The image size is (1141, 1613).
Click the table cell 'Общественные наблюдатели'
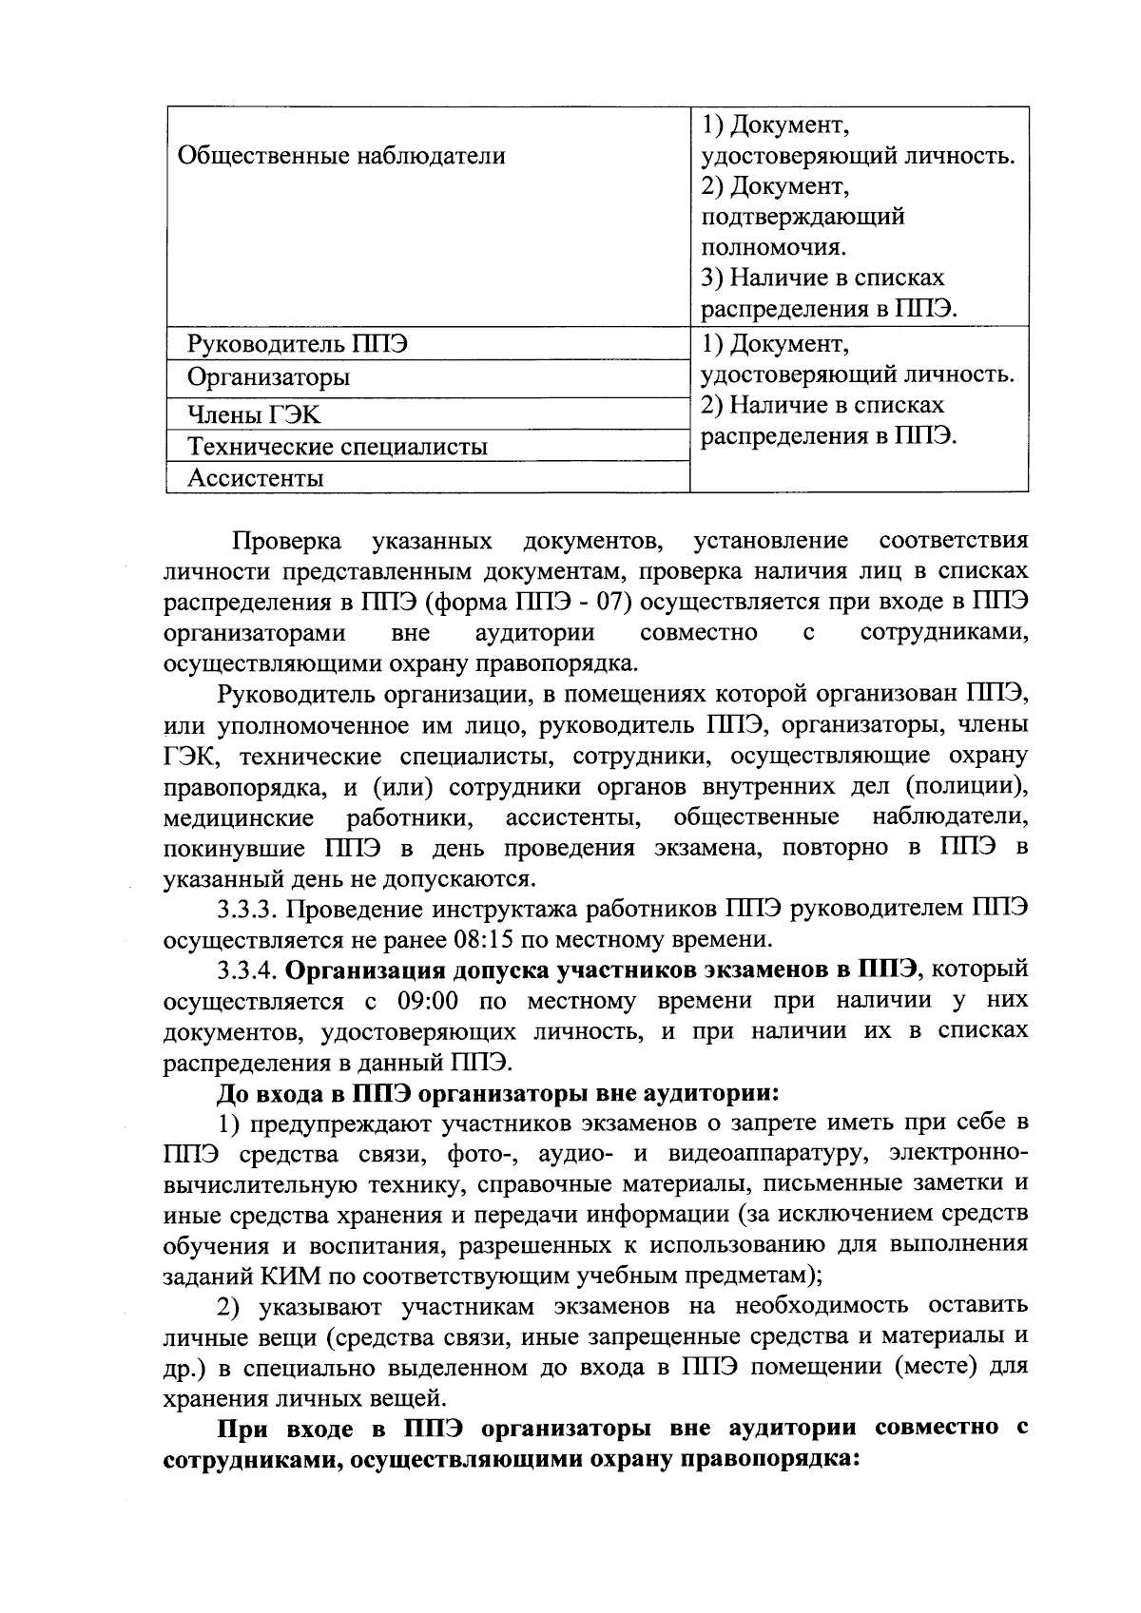click(x=341, y=155)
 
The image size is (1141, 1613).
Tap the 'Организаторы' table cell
click(x=268, y=377)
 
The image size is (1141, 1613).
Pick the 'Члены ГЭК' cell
click(x=254, y=414)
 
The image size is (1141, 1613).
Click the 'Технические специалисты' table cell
click(x=337, y=446)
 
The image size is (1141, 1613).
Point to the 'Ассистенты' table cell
click(x=255, y=478)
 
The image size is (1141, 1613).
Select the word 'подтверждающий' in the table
click(x=803, y=217)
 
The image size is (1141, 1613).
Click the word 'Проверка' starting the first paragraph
click(x=287, y=541)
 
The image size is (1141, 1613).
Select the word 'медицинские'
click(x=239, y=818)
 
